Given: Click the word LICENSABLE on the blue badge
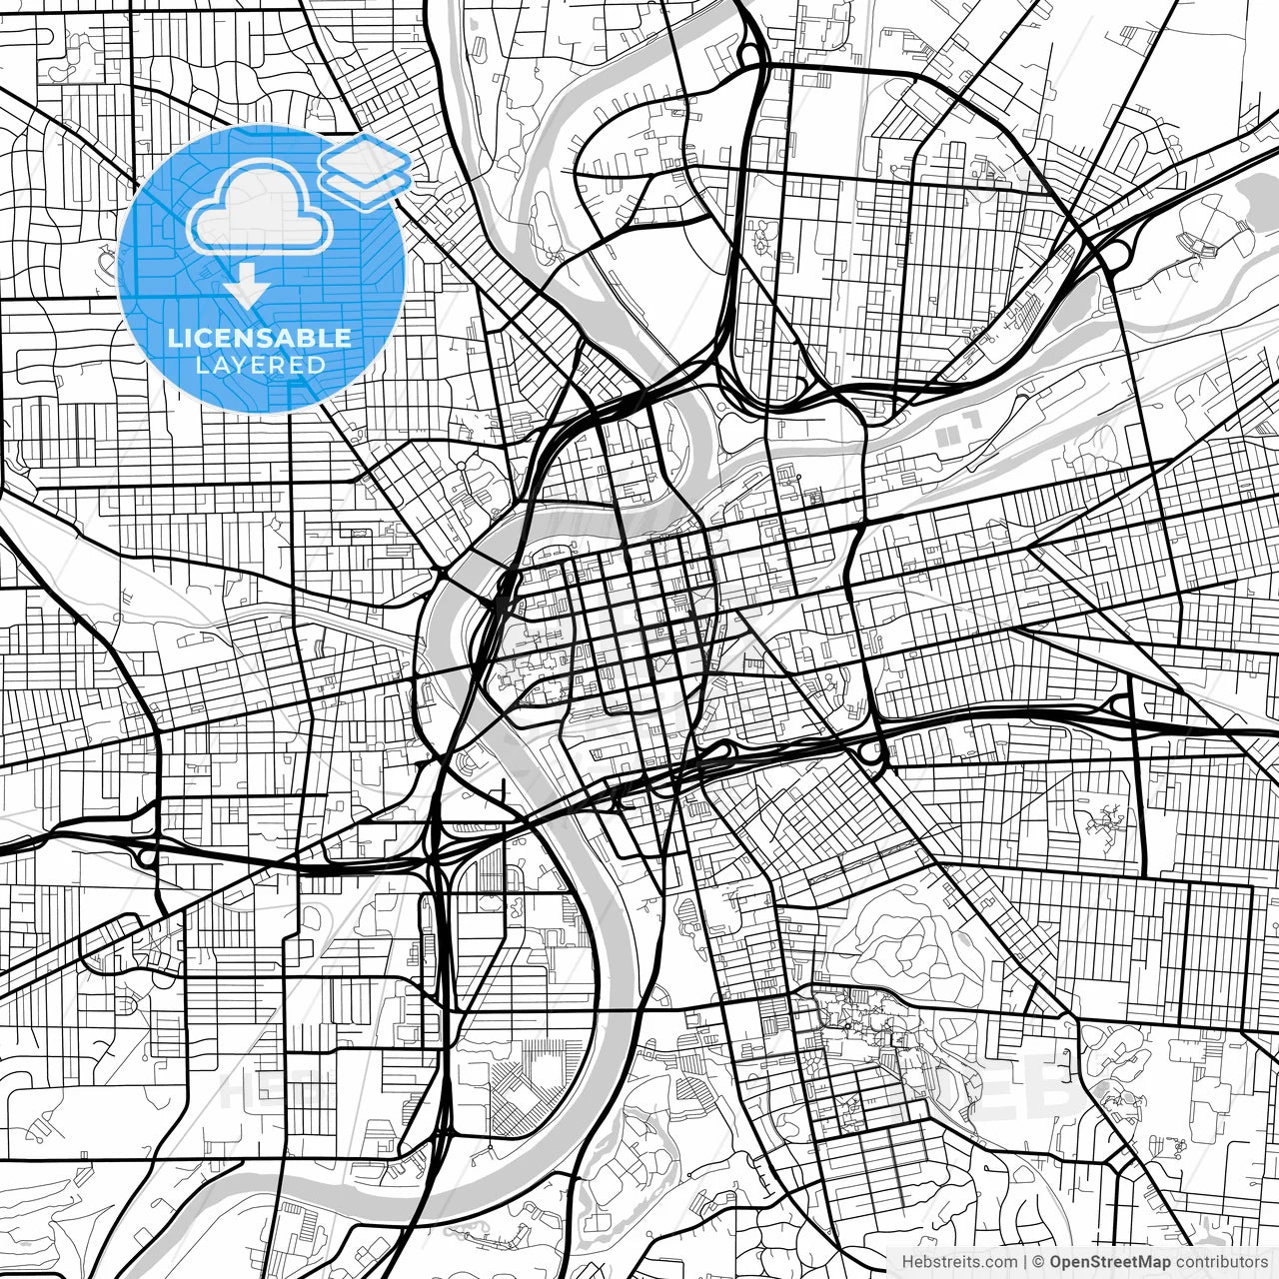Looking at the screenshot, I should click(260, 338).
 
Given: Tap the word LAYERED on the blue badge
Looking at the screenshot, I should click(260, 365).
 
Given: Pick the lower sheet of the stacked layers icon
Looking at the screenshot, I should click(368, 184).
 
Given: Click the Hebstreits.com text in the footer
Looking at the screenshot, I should click(959, 1262).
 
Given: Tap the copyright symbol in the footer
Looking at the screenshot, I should click(1039, 1262).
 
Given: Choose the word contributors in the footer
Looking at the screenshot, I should click(1218, 1262).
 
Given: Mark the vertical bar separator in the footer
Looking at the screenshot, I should click(1026, 1262).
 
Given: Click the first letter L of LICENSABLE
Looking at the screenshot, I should click(174, 338).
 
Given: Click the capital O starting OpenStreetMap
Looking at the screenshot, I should click(1055, 1262).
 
